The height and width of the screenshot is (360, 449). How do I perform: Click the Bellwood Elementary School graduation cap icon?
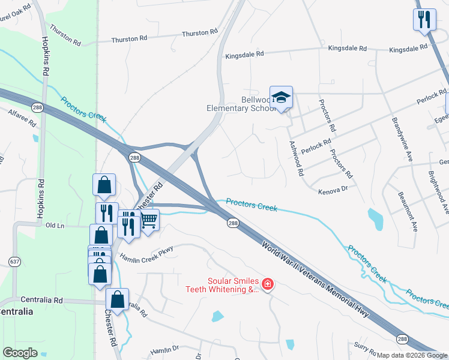tap(281, 97)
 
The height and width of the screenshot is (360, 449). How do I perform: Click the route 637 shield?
tap(15, 262)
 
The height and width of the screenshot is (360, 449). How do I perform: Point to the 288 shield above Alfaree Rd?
tap(38, 107)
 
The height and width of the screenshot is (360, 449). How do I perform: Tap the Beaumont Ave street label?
tap(408, 212)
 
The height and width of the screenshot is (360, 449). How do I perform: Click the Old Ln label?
tap(55, 226)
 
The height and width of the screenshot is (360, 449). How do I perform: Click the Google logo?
tap(20, 353)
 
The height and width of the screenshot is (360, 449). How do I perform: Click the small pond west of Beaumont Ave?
tap(375, 219)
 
